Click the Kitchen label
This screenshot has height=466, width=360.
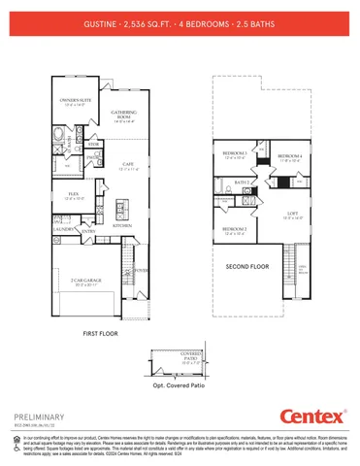[122, 225]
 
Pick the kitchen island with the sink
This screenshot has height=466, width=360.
[117, 207]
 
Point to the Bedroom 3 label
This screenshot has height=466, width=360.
[235, 153]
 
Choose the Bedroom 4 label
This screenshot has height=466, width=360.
[290, 156]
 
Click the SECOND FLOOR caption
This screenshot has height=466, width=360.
[247, 264]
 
